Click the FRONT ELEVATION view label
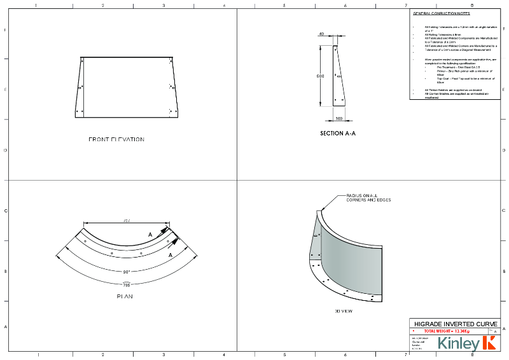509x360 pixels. click(116, 139)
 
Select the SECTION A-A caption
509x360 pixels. click(337, 134)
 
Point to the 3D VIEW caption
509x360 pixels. click(344, 311)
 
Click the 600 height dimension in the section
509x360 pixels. click(321, 76)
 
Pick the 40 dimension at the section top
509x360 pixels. click(321, 34)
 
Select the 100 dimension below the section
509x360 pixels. click(338, 118)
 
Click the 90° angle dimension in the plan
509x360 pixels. click(127, 272)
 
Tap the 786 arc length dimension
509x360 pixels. click(126, 285)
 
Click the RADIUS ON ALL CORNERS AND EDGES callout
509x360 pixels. click(368, 198)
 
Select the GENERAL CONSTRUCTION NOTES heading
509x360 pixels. click(442, 13)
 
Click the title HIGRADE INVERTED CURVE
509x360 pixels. click(452, 324)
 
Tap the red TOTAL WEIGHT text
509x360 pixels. click(446, 331)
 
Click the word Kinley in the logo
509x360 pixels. click(457, 344)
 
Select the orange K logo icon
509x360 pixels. click(489, 343)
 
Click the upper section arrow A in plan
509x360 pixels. click(151, 235)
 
